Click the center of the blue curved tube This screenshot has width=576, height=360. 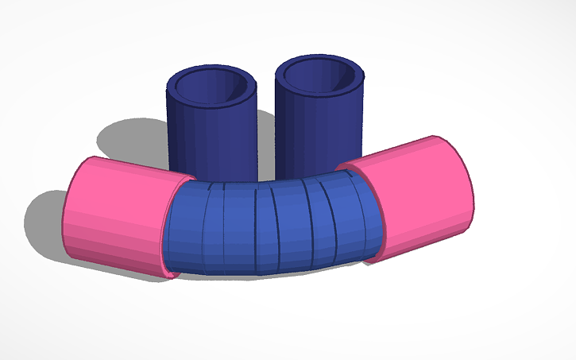[270, 226]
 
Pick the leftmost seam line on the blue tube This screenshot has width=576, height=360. [204, 226]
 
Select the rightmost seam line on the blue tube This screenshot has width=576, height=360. [353, 215]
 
